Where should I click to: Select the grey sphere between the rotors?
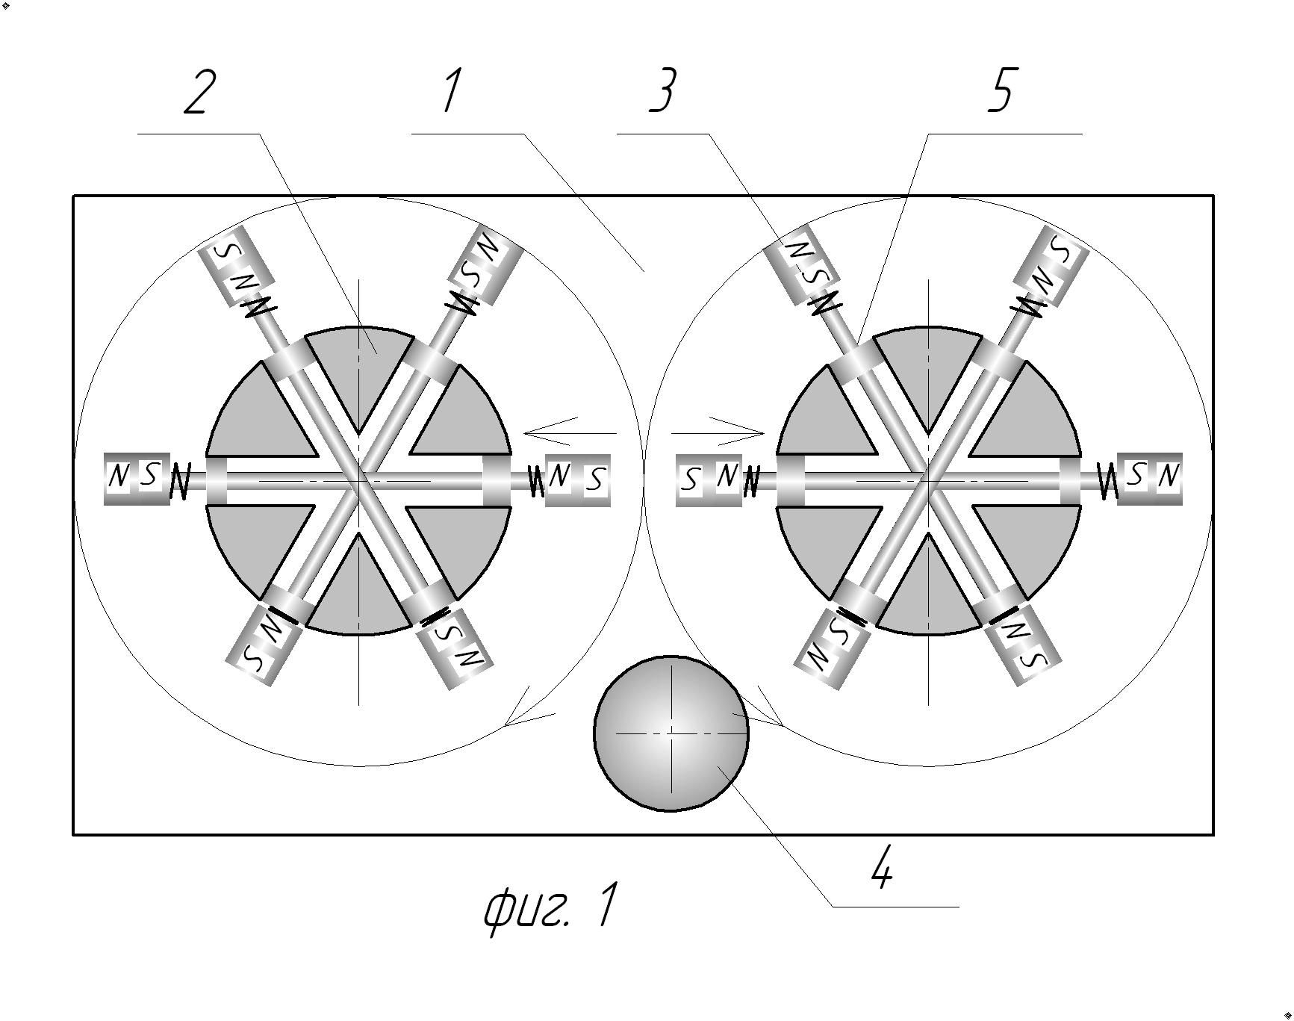(x=671, y=733)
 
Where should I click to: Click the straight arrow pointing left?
(x=569, y=432)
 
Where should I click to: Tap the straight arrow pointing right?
(x=718, y=432)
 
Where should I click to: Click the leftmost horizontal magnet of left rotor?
(x=136, y=478)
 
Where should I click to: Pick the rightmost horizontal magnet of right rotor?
(x=1150, y=478)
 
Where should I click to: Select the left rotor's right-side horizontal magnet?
(x=578, y=480)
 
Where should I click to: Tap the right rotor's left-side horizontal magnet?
(x=709, y=480)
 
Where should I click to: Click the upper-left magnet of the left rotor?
(x=236, y=265)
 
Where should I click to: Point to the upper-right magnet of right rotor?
(x=1051, y=265)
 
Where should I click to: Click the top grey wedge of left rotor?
(x=359, y=366)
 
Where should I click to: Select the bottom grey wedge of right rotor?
(x=928, y=590)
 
